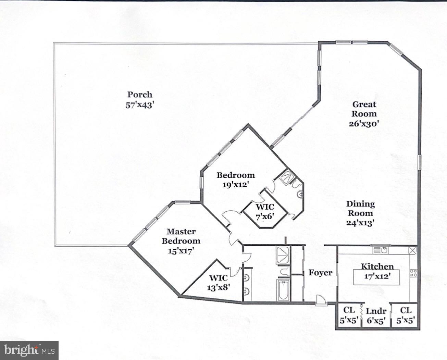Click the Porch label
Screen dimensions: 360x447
(140, 95)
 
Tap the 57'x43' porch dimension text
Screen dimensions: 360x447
(140, 105)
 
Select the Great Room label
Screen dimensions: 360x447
(364, 109)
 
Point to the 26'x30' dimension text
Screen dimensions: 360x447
(364, 124)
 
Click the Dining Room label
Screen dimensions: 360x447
(360, 208)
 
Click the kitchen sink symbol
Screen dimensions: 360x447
(382, 250)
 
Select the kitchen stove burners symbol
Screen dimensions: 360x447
(413, 273)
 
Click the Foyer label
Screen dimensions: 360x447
(320, 273)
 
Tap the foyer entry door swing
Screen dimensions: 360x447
(321, 300)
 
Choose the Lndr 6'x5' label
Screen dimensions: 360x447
(376, 316)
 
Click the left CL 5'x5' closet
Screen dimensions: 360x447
(349, 315)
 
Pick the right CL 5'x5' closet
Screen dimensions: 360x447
(406, 315)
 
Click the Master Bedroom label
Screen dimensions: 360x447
(181, 236)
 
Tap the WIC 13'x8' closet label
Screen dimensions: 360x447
(218, 282)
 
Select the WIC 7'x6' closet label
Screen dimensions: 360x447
(265, 212)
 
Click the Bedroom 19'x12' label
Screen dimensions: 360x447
(236, 180)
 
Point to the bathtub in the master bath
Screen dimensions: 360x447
(283, 290)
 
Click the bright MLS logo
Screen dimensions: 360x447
(29, 350)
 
